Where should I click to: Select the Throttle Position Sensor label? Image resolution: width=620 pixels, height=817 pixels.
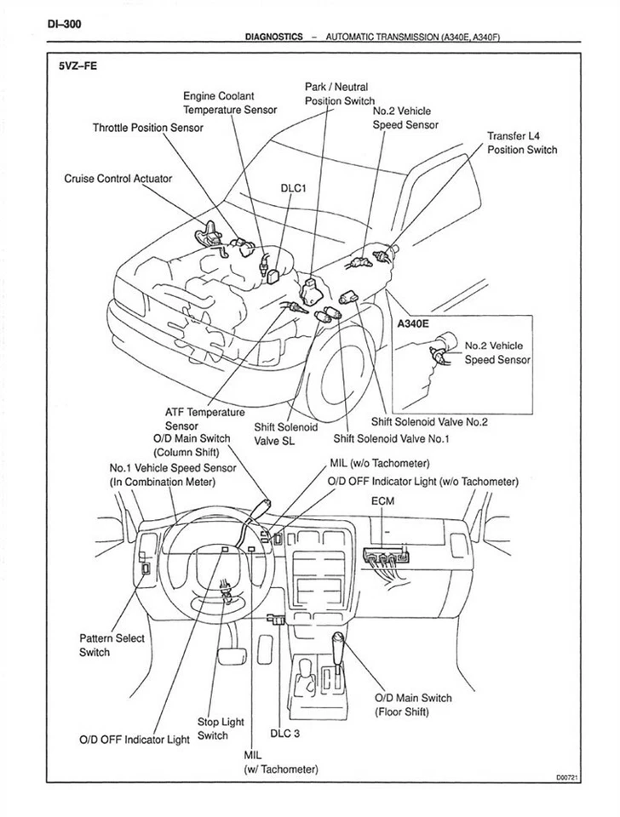pyautogui.click(x=148, y=128)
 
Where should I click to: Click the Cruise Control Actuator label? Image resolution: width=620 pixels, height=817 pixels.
pyautogui.click(x=118, y=179)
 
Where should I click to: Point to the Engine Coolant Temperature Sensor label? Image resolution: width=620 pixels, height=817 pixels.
pyautogui.click(x=230, y=103)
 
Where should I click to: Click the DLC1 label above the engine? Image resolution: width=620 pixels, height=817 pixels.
pyautogui.click(x=293, y=189)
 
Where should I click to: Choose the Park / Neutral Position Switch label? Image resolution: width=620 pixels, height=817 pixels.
pyautogui.click(x=339, y=94)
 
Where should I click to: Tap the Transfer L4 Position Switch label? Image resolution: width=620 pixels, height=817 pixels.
pyautogui.click(x=521, y=143)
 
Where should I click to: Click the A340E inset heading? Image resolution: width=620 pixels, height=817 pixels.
pyautogui.click(x=416, y=323)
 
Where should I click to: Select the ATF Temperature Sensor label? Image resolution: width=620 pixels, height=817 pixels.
pyautogui.click(x=204, y=419)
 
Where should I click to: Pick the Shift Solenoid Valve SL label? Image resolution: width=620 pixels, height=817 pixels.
pyautogui.click(x=285, y=434)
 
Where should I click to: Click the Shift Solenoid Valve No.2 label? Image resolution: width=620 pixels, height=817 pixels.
pyautogui.click(x=428, y=420)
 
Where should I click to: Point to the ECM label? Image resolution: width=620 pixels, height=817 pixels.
pyautogui.click(x=382, y=501)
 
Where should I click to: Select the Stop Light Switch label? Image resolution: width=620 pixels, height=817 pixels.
pyautogui.click(x=220, y=728)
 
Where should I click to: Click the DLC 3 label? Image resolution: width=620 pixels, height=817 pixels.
pyautogui.click(x=285, y=732)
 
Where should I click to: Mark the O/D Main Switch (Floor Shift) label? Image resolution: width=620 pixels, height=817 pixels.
pyautogui.click(x=413, y=705)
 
